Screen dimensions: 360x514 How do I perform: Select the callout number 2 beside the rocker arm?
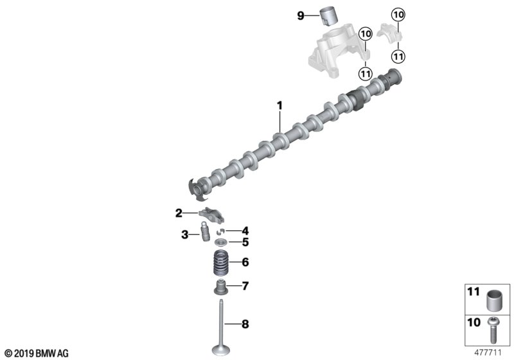pyautogui.click(x=179, y=212)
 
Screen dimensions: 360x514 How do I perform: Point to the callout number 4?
pyautogui.click(x=244, y=230)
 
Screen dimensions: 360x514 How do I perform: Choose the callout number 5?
pyautogui.click(x=244, y=242)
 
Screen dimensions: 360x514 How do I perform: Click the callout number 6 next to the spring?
pyautogui.click(x=244, y=262)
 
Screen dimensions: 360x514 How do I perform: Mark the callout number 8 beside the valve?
pyautogui.click(x=244, y=325)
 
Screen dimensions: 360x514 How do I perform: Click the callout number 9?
pyautogui.click(x=300, y=16)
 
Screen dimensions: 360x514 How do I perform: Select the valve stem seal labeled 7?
pyautogui.click(x=221, y=286)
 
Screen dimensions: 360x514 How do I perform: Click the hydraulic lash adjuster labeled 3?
pyautogui.click(x=204, y=234)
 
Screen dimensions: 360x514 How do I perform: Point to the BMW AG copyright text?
pyautogui.click(x=36, y=352)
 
